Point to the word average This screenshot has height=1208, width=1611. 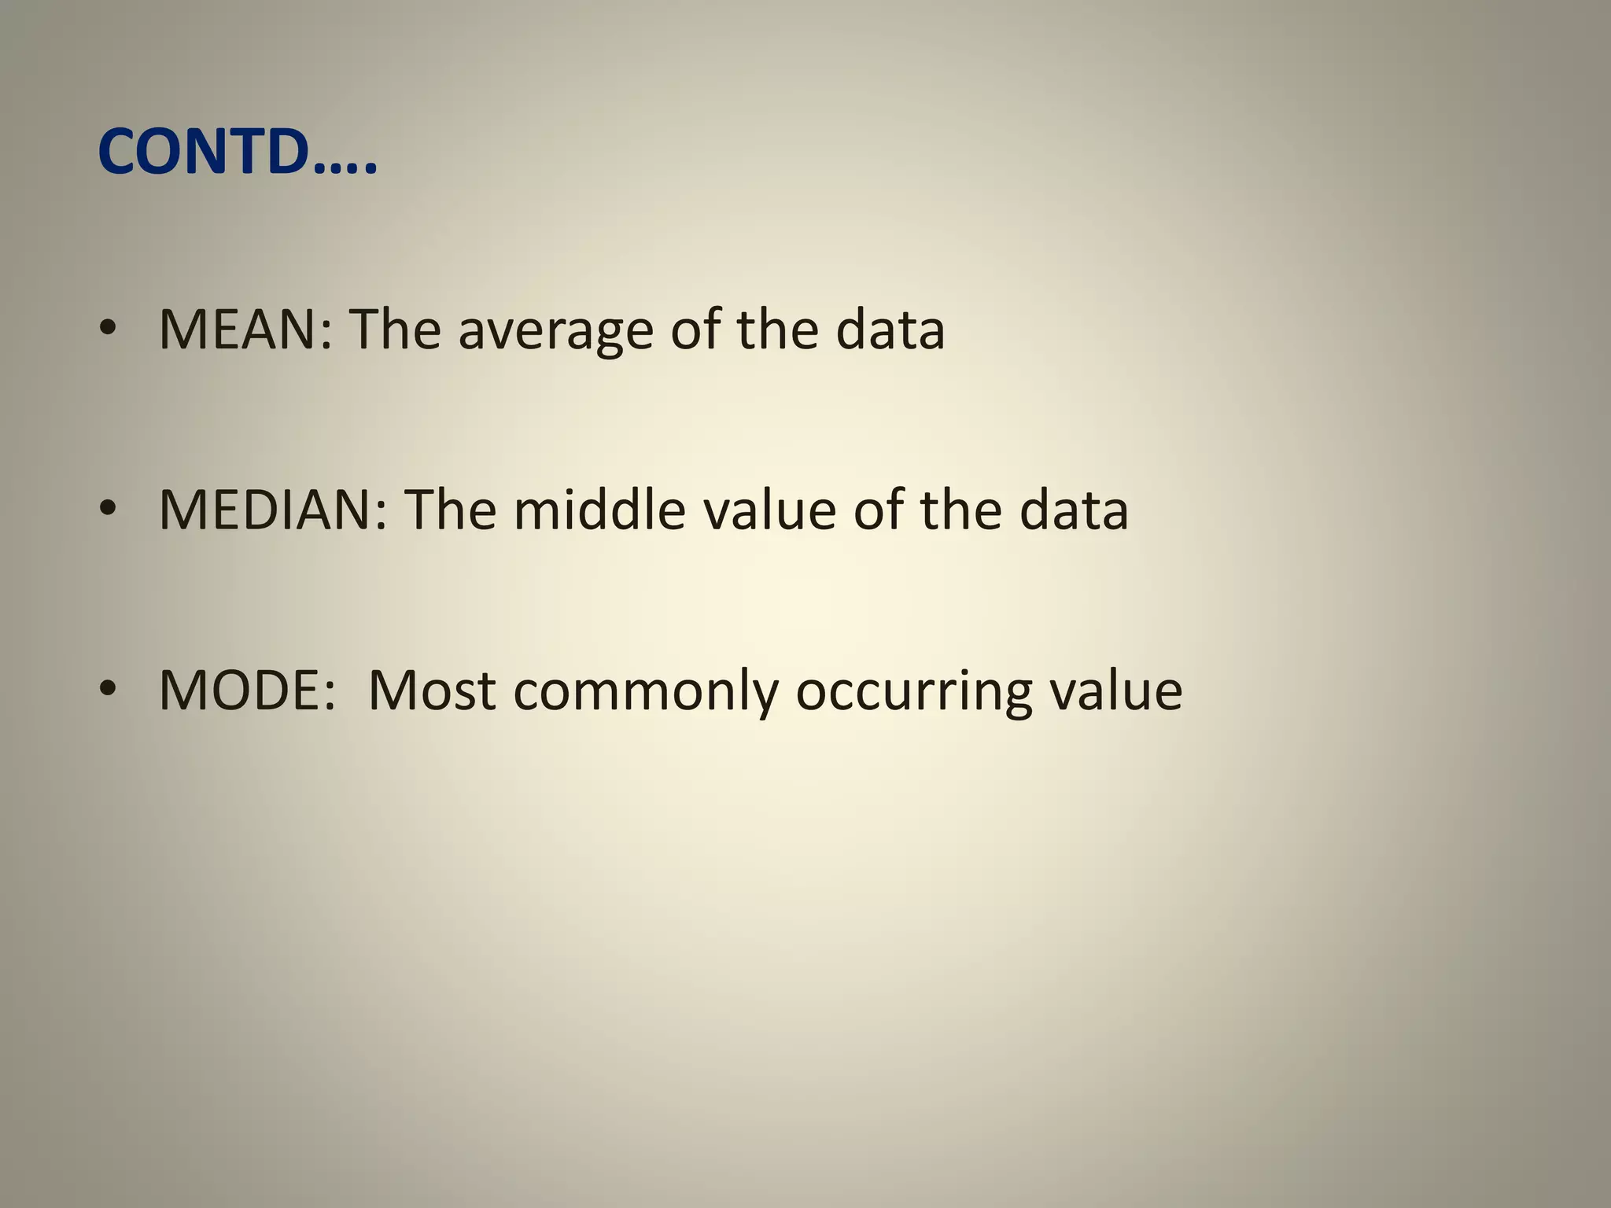555,330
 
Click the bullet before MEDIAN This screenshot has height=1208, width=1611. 108,510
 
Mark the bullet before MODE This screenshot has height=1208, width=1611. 108,691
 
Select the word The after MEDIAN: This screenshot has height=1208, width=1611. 450,510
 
